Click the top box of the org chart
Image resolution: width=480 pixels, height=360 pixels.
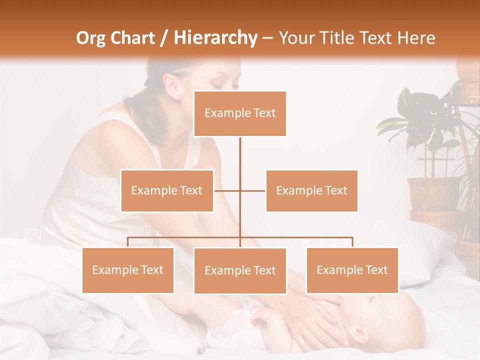coord(240,113)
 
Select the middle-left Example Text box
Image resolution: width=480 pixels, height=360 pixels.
coord(167,190)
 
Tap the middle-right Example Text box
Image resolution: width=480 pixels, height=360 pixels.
coord(311,190)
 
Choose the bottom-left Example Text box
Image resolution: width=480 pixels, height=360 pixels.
coord(128,270)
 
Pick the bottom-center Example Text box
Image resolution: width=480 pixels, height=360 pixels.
coord(240,270)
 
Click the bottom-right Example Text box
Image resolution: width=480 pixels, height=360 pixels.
coord(352,270)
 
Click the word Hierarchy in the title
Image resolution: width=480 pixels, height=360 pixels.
coord(215,38)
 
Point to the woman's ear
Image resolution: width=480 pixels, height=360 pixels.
coord(173,88)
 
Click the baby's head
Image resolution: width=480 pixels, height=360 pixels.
coord(390,320)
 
